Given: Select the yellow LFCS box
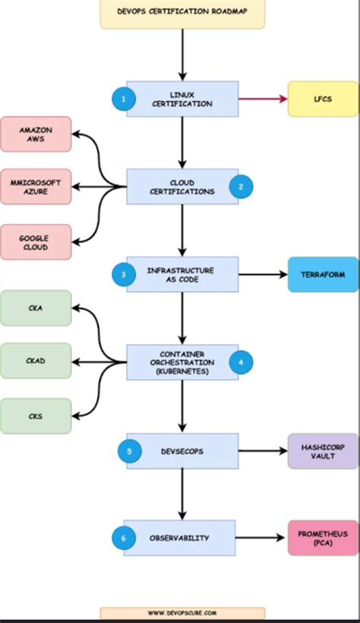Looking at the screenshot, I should [x=323, y=99].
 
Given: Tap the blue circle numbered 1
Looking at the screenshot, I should [x=123, y=99].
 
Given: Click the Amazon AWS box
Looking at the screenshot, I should [x=36, y=134].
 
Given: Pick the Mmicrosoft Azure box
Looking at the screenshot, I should [x=36, y=187].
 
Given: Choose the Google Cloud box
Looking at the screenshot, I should [x=36, y=242].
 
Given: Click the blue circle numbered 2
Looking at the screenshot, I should [x=241, y=186].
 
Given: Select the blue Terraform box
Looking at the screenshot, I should [x=323, y=275].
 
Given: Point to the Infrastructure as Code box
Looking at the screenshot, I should [x=182, y=274].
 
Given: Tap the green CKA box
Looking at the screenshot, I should [x=36, y=308].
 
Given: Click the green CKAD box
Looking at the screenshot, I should [x=36, y=361].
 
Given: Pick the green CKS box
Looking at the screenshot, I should [x=36, y=416].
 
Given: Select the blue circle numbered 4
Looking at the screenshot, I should [x=241, y=362].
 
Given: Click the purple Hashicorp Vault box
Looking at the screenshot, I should [x=323, y=451].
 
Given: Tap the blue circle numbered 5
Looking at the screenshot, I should [x=129, y=451].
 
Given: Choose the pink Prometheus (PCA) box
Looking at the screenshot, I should [x=323, y=538].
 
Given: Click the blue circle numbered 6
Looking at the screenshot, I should [x=123, y=539].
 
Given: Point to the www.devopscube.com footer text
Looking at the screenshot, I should [x=182, y=612].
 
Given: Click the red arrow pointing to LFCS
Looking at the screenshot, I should [x=263, y=99].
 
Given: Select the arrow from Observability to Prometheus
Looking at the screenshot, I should [x=263, y=538].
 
